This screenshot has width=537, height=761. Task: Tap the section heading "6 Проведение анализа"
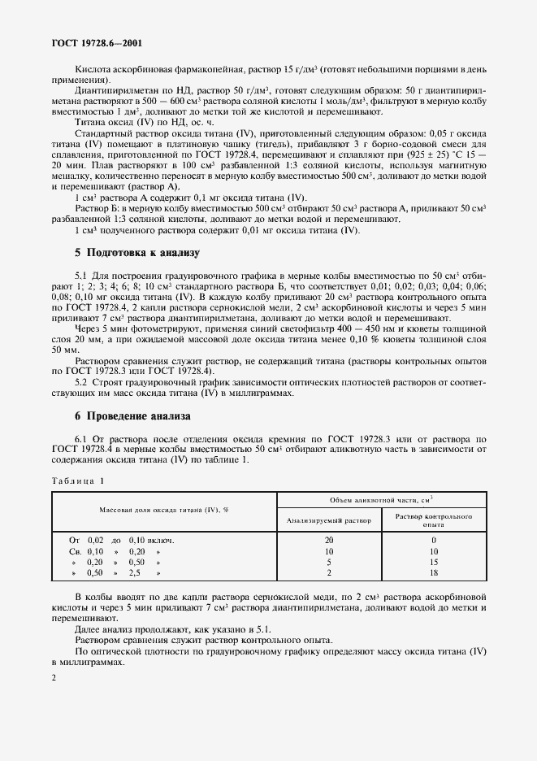tap(133, 415)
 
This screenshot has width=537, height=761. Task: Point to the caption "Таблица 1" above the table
tap(79, 482)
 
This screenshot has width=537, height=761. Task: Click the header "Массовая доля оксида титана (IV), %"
tap(163, 510)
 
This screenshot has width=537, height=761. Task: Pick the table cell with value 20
tap(329, 539)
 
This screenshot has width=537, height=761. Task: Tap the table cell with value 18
tap(434, 572)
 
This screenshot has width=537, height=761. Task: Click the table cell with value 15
tap(434, 561)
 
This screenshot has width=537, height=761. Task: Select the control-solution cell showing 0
tap(434, 539)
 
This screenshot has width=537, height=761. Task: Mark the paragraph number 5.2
tap(82, 381)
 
